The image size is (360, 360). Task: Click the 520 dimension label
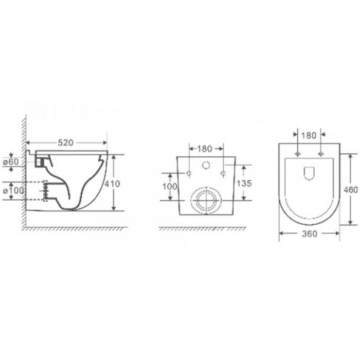click(x=65, y=143)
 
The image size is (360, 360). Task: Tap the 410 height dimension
click(x=112, y=184)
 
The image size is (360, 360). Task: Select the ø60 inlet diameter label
click(x=11, y=162)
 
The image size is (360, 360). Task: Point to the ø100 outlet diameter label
click(x=13, y=191)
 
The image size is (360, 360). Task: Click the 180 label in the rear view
click(x=205, y=149)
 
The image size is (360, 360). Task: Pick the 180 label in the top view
click(x=309, y=136)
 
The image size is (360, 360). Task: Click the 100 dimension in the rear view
click(x=170, y=186)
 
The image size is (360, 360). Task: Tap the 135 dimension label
click(x=244, y=184)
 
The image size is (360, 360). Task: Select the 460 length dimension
click(x=350, y=190)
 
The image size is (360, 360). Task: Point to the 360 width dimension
click(x=309, y=233)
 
